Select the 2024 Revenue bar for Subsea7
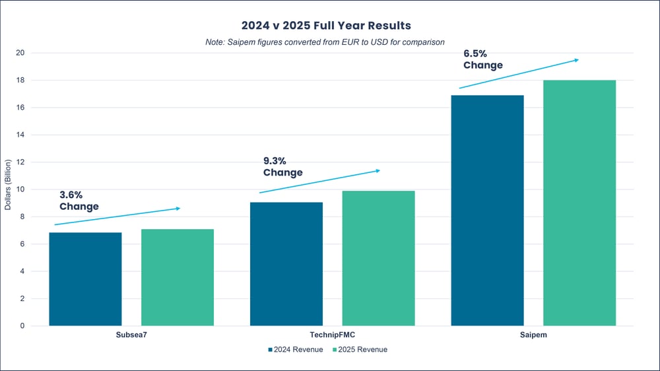[85, 279]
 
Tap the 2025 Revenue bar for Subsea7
[178, 277]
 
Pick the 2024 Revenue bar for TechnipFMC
[286, 264]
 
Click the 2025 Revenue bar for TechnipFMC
[379, 258]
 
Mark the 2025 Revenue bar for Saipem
[579, 203]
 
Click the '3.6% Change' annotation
[79, 201]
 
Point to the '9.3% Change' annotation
[282, 167]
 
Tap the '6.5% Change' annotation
[483, 59]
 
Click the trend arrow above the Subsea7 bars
[117, 217]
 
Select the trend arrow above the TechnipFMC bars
[320, 182]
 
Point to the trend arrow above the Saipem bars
[519, 74]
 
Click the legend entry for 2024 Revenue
[295, 349]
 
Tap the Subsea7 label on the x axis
[131, 335]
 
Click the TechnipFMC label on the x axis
[332, 335]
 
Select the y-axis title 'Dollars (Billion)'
[8, 185]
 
